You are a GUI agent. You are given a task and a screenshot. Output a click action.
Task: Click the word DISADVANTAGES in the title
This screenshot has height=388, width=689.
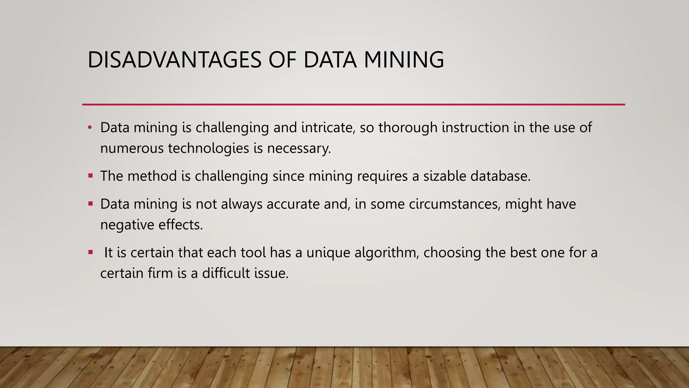174,60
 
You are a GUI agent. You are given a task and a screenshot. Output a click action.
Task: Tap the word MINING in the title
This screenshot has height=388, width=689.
404,60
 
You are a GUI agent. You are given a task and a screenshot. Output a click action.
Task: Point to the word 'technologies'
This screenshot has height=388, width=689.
209,149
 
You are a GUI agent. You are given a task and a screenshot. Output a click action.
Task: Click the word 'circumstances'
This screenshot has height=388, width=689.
455,204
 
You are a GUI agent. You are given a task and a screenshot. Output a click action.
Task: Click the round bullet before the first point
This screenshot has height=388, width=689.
89,128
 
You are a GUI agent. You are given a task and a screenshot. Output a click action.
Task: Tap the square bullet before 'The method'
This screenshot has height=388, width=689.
90,175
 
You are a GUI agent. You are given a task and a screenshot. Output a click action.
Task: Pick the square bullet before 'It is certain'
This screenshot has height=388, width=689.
90,252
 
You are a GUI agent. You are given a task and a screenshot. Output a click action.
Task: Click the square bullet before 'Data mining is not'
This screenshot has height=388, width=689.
90,203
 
